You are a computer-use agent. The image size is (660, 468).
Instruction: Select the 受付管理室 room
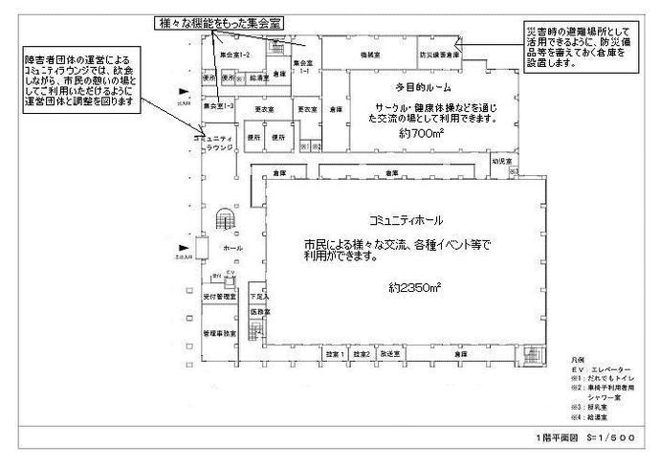click(x=219, y=300)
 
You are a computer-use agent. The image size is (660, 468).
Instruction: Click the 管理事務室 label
click(x=219, y=332)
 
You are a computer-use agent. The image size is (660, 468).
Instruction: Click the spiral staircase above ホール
click(x=226, y=220)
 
